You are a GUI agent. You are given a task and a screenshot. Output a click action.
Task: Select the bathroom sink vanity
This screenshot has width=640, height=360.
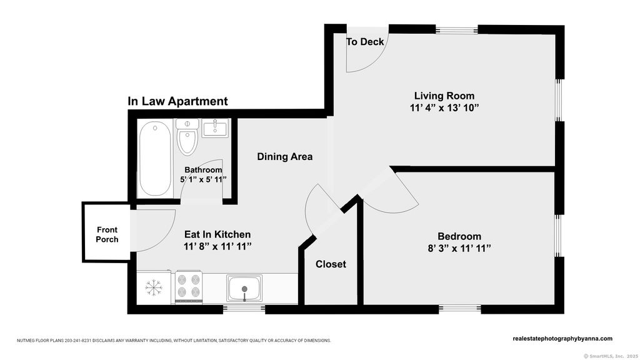tap(215, 127)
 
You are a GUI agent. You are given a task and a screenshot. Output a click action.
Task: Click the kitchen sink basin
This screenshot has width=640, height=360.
tap(244, 288)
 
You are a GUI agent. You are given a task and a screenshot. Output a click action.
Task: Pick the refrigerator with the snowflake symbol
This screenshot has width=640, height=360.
tap(154, 287)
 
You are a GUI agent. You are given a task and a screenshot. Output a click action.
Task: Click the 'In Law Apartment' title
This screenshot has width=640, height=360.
tap(177, 101)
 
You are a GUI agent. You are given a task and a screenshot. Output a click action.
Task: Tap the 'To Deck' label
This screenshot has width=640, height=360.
tap(365, 42)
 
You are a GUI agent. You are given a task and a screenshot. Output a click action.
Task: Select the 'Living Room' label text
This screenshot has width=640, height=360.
tap(444, 96)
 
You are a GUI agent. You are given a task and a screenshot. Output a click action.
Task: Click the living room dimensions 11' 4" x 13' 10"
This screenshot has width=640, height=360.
tap(444, 108)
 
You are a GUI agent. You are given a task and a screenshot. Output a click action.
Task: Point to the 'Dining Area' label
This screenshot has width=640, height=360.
tap(284, 156)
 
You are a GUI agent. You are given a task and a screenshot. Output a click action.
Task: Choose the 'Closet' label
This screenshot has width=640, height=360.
tap(331, 264)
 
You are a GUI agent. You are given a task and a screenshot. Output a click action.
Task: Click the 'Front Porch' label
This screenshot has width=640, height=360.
tap(107, 235)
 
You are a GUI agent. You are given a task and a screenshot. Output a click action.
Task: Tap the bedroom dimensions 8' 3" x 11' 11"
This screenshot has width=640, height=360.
tap(459, 249)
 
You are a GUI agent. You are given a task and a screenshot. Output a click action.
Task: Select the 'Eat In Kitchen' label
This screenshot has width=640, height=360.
tap(217, 234)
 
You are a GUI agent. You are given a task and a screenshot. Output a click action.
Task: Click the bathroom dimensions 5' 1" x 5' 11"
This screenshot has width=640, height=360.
tap(203, 179)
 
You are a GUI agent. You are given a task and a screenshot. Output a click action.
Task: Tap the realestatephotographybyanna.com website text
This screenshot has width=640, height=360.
tap(562, 338)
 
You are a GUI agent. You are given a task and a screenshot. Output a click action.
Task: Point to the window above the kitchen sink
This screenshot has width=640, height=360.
tap(244, 309)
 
